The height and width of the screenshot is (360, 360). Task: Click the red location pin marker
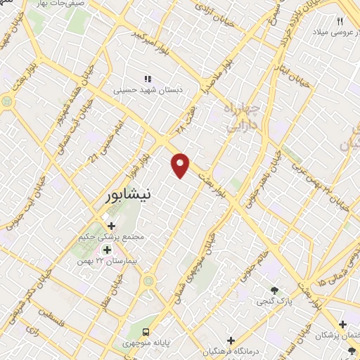pos(181,165)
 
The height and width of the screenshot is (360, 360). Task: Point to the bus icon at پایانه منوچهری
pos(146,331)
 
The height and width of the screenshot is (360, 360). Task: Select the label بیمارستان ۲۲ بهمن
pos(109,261)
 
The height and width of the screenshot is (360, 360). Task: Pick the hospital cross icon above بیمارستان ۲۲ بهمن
pos(108,250)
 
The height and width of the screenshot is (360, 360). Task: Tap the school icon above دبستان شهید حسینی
pos(147,79)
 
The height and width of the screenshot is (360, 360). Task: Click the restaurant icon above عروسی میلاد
pos(340,22)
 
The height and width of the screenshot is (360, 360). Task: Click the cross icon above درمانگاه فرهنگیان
pos(231,340)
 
